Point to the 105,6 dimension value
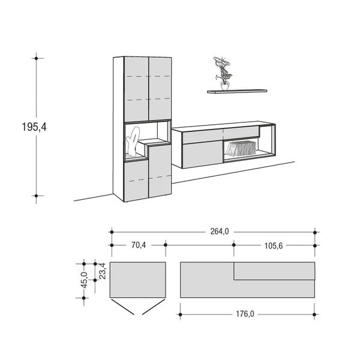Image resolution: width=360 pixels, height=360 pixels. [272, 245]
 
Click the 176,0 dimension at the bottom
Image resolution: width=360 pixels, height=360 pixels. [246, 313]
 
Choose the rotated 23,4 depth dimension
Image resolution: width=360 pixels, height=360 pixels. [102, 270]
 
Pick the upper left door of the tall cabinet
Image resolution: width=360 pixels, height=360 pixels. [136, 88]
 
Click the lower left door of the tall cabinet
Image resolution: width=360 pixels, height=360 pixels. [136, 178]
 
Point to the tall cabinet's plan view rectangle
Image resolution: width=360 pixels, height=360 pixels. [137, 280]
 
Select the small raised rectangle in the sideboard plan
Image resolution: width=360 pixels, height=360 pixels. [274, 271]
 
